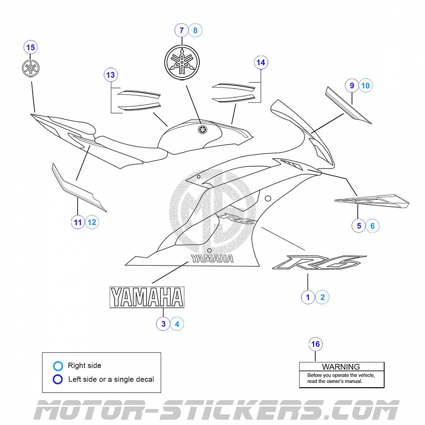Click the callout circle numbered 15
pyautogui.click(x=31, y=48)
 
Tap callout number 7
pyautogui.click(x=182, y=30)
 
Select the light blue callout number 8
pyautogui.click(x=195, y=30)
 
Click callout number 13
pyautogui.click(x=110, y=75)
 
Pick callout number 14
pyautogui.click(x=261, y=62)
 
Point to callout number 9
pyautogui.click(x=352, y=85)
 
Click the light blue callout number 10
pyautogui.click(x=365, y=85)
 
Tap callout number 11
pyautogui.click(x=78, y=222)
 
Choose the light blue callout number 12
pyautogui.click(x=92, y=222)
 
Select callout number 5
pyautogui.click(x=359, y=226)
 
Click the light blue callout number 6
pyautogui.click(x=372, y=226)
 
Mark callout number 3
pyautogui.click(x=163, y=324)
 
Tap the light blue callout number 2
pyautogui.click(x=322, y=297)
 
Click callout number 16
pyautogui.click(x=316, y=344)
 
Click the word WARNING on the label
pyautogui.click(x=341, y=367)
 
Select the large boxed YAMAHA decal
pyautogui.click(x=147, y=297)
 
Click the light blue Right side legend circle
pyautogui.click(x=58, y=365)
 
